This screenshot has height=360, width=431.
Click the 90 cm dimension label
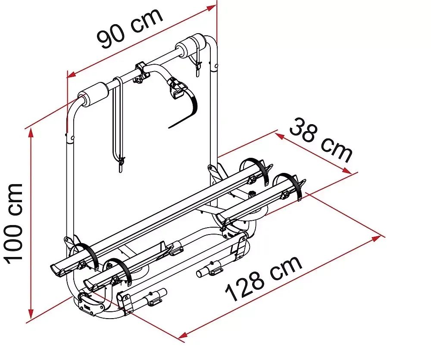(x=130, y=27)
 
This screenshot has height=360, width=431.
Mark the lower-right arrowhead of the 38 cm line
(x=347, y=171)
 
